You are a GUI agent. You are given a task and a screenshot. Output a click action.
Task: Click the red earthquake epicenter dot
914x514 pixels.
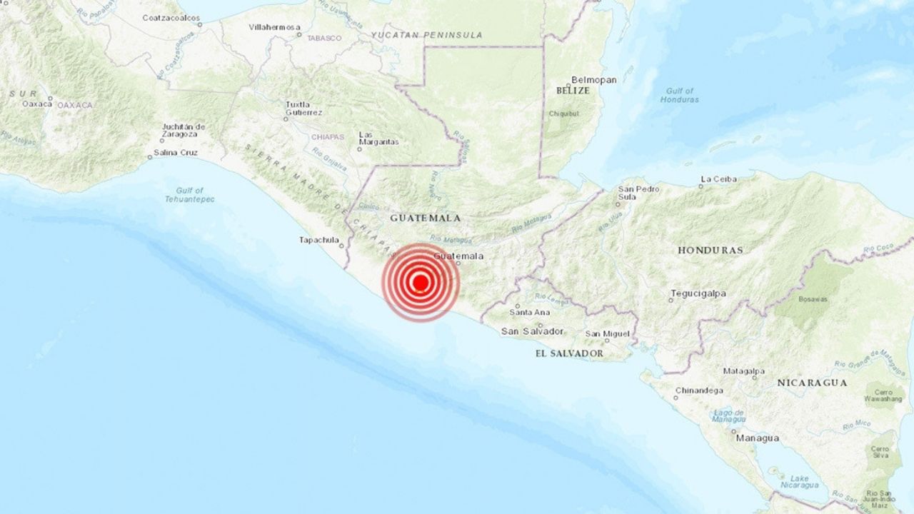click(x=420, y=283)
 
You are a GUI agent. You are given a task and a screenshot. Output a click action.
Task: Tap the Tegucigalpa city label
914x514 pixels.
click(x=697, y=293)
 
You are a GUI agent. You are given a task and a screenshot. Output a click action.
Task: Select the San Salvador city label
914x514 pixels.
click(x=532, y=331)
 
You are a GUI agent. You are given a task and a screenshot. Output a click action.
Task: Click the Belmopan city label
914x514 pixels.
click(x=593, y=80)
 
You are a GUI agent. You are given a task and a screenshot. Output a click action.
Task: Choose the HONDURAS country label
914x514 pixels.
click(x=710, y=251)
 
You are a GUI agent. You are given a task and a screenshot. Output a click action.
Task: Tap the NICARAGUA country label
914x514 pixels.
click(x=812, y=383)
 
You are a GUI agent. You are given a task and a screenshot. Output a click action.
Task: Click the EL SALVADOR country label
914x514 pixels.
click(x=569, y=353)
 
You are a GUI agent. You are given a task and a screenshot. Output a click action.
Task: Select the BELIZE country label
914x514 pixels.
click(x=573, y=91)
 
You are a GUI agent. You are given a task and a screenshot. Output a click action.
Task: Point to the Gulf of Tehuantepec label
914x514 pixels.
click(x=189, y=195)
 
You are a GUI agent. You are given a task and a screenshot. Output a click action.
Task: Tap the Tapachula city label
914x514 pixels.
click(x=318, y=240)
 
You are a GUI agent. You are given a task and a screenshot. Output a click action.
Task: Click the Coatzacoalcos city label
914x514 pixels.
click(x=170, y=17)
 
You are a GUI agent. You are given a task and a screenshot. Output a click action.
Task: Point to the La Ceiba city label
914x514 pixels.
click(x=718, y=178)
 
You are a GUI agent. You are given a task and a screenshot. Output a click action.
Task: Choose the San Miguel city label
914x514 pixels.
click(x=607, y=333)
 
